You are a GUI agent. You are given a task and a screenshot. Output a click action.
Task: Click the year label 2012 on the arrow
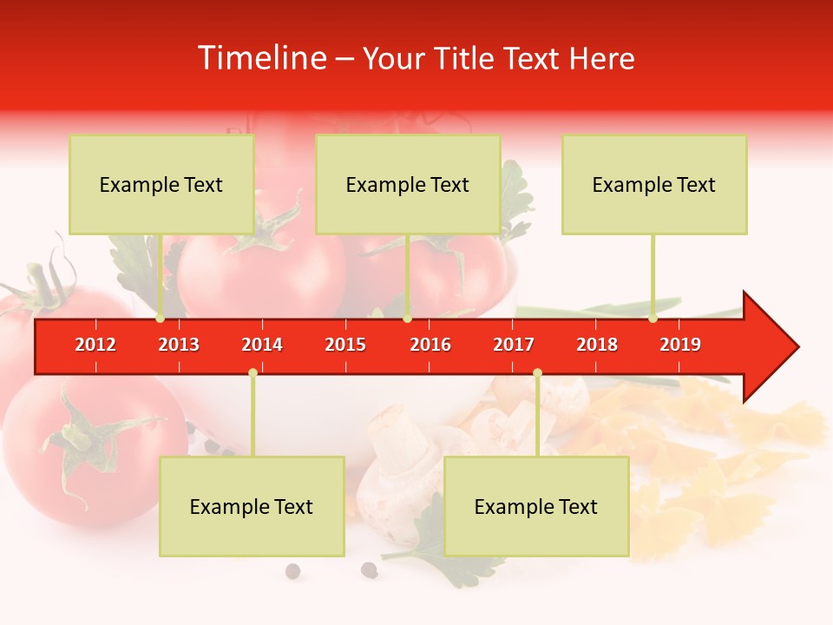(x=95, y=345)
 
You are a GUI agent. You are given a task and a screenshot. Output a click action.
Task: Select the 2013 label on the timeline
(x=179, y=345)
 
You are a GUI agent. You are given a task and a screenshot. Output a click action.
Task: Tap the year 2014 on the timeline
(x=262, y=345)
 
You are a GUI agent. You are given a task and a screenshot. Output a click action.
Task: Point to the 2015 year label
(x=345, y=345)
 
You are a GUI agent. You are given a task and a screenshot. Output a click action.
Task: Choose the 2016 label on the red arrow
(x=430, y=345)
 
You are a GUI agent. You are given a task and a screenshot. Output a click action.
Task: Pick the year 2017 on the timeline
(x=514, y=345)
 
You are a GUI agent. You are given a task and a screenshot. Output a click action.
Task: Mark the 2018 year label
(x=597, y=345)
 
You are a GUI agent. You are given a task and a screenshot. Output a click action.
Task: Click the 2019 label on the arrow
(x=680, y=345)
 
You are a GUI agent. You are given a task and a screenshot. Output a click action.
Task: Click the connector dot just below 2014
(x=253, y=372)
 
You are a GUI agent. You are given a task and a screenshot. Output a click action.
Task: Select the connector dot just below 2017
(x=537, y=372)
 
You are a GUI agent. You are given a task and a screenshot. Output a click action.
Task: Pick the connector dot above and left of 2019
(x=653, y=319)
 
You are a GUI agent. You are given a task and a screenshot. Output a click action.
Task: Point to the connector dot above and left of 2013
(x=160, y=319)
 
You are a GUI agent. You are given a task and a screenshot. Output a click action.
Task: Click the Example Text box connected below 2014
(x=252, y=506)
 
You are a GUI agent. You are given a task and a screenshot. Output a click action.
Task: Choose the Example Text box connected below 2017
(x=536, y=506)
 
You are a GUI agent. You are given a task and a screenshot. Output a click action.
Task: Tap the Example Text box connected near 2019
(x=654, y=184)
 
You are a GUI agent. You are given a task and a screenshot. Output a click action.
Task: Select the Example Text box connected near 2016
(x=408, y=184)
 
